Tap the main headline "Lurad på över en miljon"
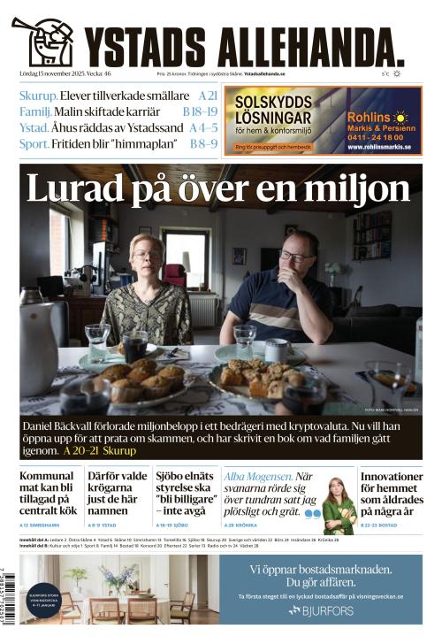tap(217, 188)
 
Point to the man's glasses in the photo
tap(296, 255)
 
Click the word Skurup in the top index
tap(39, 96)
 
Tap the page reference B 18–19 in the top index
tap(200, 111)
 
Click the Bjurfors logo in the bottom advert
tap(320, 610)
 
